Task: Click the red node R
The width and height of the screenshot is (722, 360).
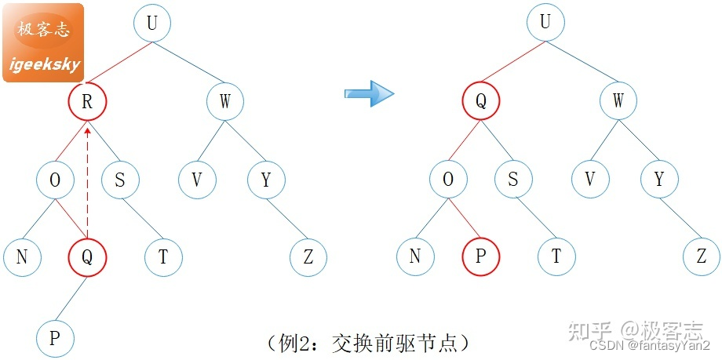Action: click(86, 101)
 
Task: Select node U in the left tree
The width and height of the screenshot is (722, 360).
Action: click(151, 24)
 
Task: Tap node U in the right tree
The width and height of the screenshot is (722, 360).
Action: click(545, 24)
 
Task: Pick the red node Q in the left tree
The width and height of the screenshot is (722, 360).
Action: click(86, 256)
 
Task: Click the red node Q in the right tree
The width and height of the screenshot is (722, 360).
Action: click(480, 101)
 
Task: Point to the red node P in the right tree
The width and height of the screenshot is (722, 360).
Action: click(480, 256)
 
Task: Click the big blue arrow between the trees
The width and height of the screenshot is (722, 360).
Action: click(369, 93)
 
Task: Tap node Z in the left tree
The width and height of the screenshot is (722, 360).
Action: click(308, 256)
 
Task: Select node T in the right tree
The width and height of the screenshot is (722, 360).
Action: click(556, 256)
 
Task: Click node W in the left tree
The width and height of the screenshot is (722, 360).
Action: click(225, 101)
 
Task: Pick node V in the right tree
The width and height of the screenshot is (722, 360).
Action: click(590, 180)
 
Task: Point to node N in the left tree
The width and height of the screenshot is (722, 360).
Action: click(21, 256)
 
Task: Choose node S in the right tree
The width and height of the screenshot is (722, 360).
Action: click(512, 180)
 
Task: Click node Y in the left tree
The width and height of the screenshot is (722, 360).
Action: click(266, 180)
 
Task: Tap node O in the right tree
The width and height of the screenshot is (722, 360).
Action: click(447, 180)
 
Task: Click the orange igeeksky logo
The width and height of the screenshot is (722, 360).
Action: click(43, 43)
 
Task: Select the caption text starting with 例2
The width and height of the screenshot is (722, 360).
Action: click(368, 342)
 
